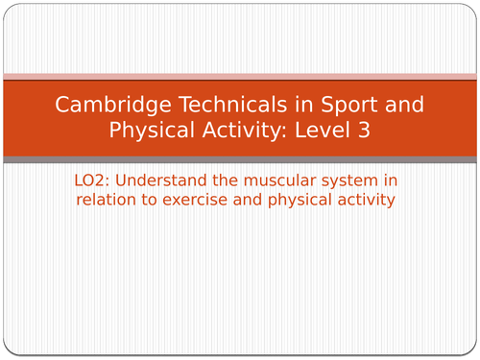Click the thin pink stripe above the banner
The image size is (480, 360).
tap(240, 76)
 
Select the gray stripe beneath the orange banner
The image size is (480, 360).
tap(240, 159)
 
